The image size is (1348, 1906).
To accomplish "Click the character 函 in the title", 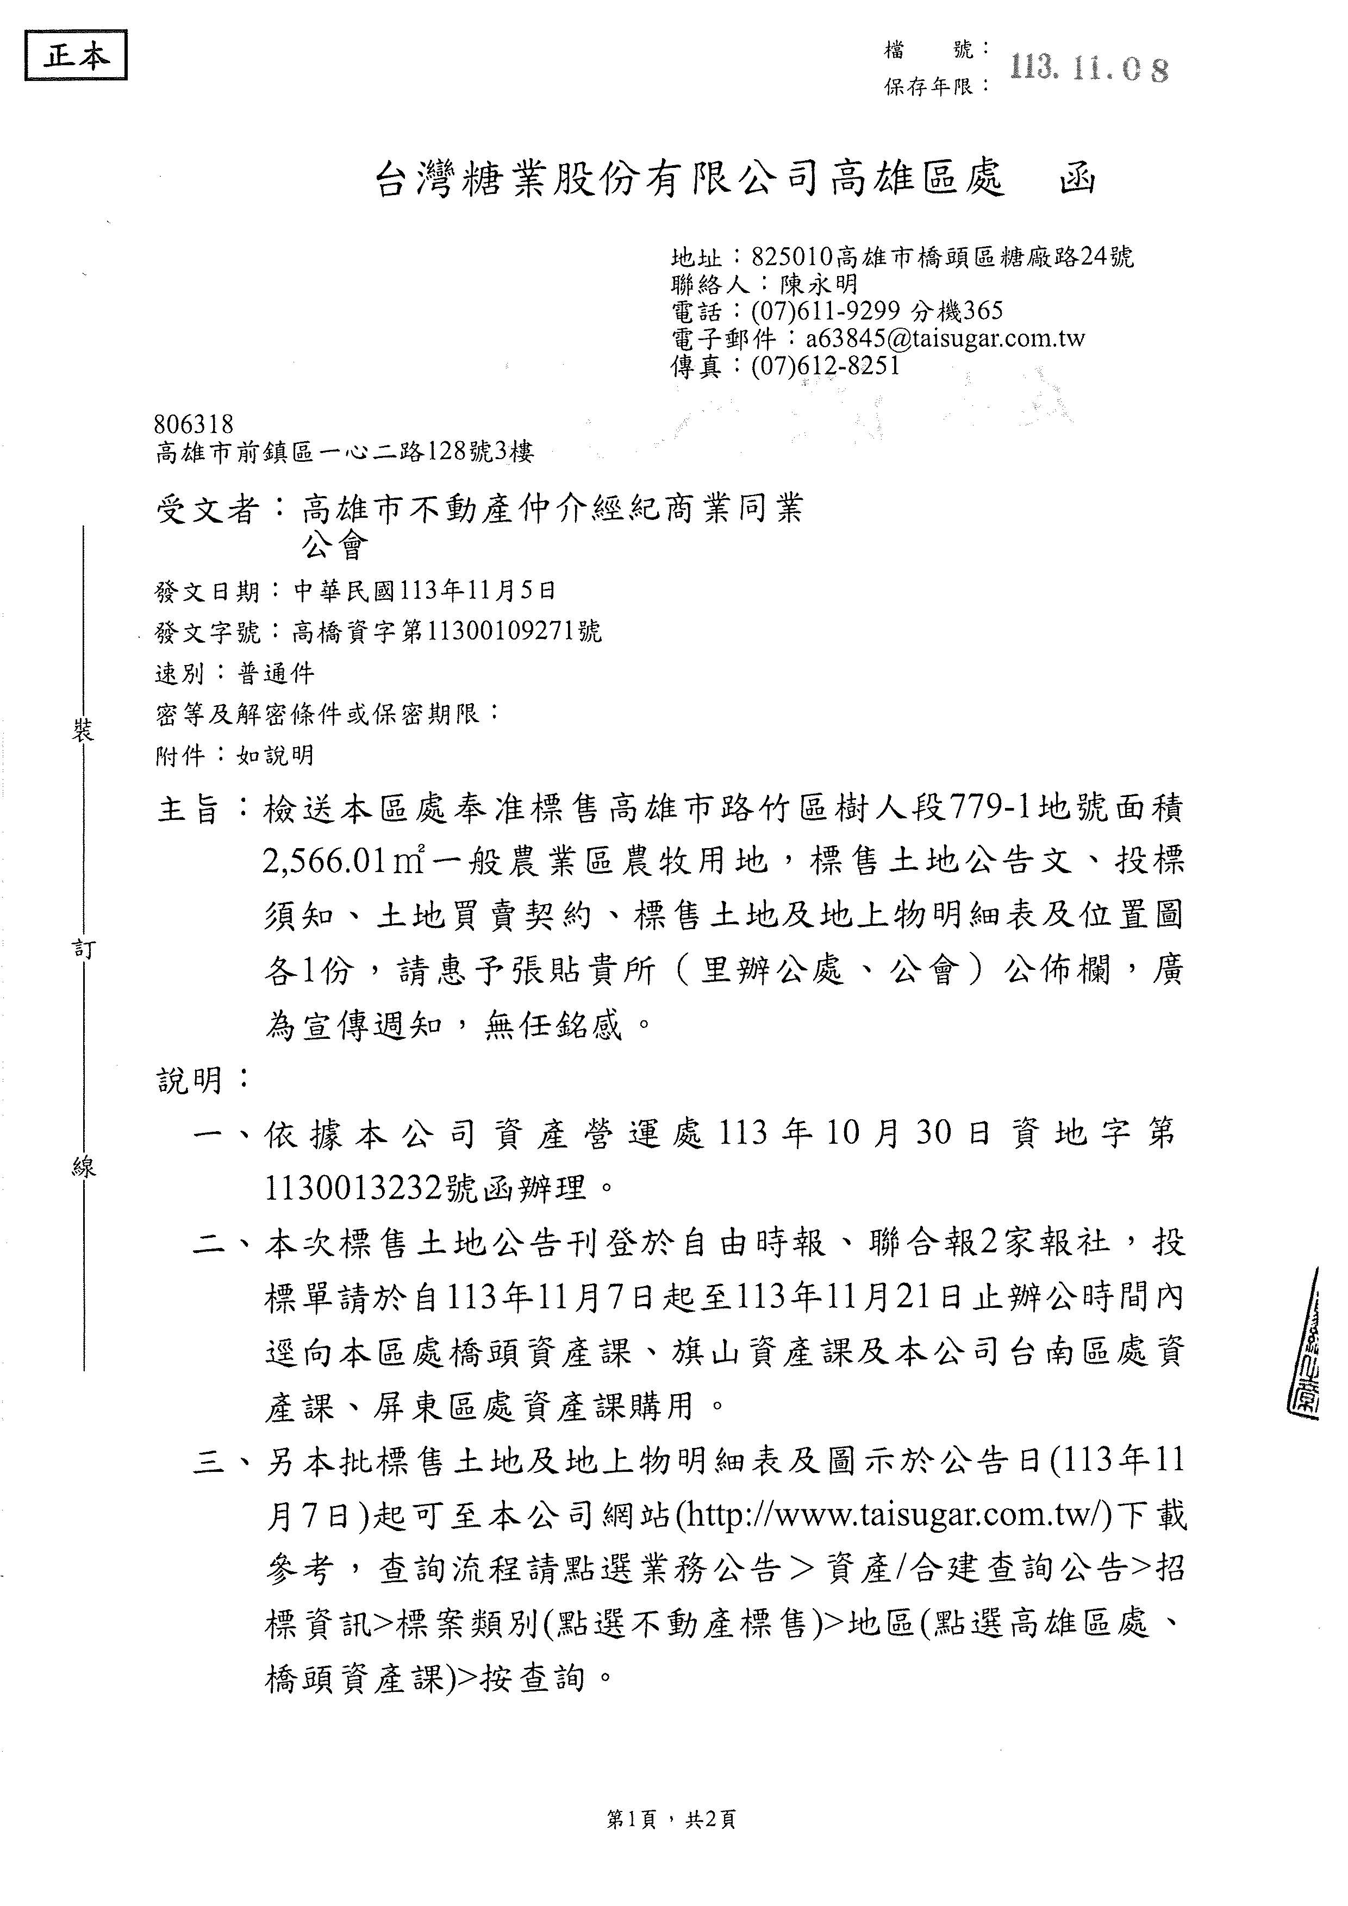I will pyautogui.click(x=1078, y=178).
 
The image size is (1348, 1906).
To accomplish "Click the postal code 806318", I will pyautogui.click(x=194, y=425).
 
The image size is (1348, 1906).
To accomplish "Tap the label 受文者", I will pyautogui.click(x=208, y=509).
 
